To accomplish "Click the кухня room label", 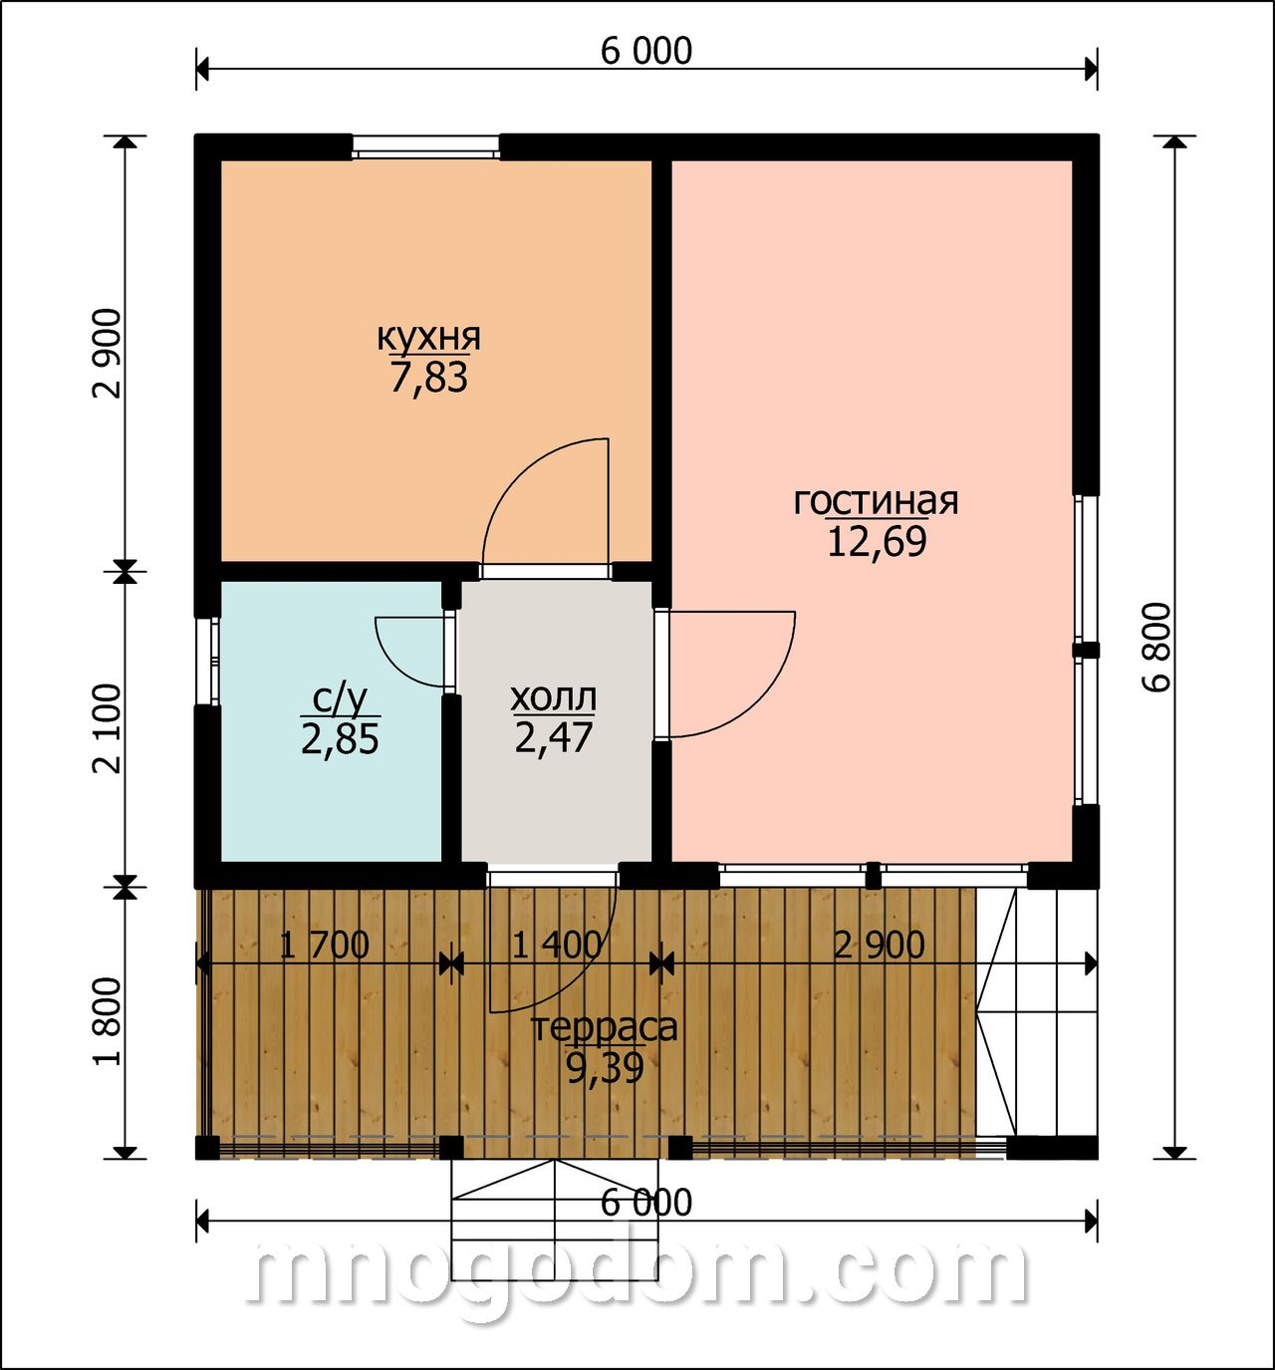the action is pos(428,338).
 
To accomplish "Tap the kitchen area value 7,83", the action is pos(428,377).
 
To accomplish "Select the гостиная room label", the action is pos(876,501).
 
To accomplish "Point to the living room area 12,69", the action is pos(877,541).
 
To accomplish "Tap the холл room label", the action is pos(553,698).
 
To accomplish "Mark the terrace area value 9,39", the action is pos(605,1067).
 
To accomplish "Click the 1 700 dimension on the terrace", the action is pos(325,946).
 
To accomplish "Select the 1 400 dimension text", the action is pos(556,946).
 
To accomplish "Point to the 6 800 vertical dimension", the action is pos(1156,647).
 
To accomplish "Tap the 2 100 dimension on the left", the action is pos(108,728).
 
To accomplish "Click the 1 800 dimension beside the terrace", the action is pos(108,1022).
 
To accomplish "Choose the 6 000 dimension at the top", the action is pos(645,51).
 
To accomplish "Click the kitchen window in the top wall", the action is pos(425,146).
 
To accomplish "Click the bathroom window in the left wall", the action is pos(207,661).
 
